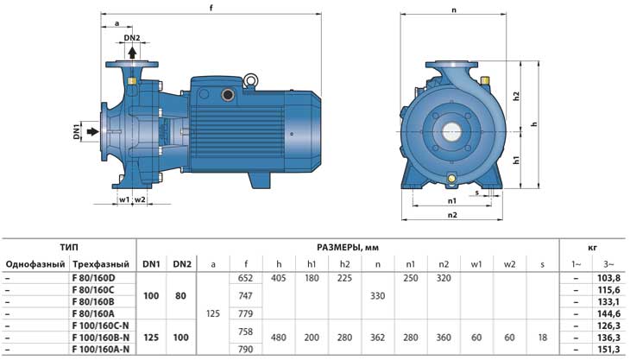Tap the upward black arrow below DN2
(x=132, y=53)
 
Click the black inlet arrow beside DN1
(x=93, y=131)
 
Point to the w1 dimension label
(x=124, y=199)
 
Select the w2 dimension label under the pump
(x=140, y=199)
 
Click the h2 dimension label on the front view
(x=517, y=97)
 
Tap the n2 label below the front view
(x=452, y=215)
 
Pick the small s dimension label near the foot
(x=477, y=193)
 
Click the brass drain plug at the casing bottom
(x=452, y=178)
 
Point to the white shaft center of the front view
(x=452, y=131)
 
